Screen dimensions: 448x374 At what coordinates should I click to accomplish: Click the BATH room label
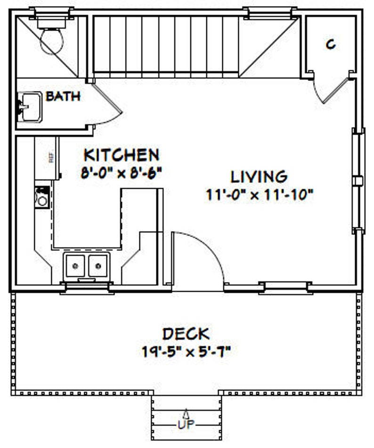click(x=63, y=97)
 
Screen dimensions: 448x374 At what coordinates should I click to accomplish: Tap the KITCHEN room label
click(x=121, y=154)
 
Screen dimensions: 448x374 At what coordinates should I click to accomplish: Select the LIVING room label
click(x=259, y=176)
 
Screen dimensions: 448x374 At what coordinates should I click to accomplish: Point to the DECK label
click(x=186, y=334)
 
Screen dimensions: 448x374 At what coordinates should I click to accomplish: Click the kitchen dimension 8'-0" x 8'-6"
click(x=121, y=173)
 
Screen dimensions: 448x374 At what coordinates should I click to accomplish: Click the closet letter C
click(x=331, y=45)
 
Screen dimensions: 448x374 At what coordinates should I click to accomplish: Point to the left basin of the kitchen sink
click(x=75, y=266)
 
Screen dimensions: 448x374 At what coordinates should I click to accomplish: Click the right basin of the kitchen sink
click(x=98, y=266)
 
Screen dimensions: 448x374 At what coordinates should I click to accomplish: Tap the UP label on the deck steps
click(x=186, y=424)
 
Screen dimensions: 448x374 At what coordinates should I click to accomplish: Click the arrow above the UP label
click(x=186, y=413)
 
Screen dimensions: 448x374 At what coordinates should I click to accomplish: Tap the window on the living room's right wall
click(x=359, y=181)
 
